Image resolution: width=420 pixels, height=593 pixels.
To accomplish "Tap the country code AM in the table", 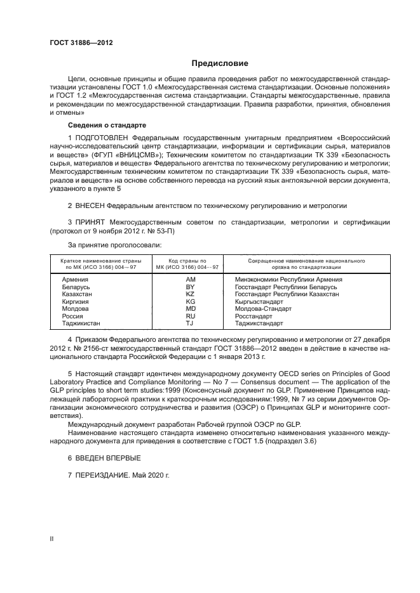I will click(x=190, y=279).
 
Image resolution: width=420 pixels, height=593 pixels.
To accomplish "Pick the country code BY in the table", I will click(x=190, y=287).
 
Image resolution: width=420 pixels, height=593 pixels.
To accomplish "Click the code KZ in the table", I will click(x=190, y=294).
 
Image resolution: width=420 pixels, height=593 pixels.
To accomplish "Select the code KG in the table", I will click(x=190, y=302).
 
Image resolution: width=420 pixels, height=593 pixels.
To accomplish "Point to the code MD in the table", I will click(x=190, y=309).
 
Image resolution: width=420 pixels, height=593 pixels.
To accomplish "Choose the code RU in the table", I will click(x=190, y=316).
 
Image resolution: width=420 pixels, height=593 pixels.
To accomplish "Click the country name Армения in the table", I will click(x=74, y=279).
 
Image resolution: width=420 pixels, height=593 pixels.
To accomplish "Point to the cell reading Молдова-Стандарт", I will click(x=264, y=309).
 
